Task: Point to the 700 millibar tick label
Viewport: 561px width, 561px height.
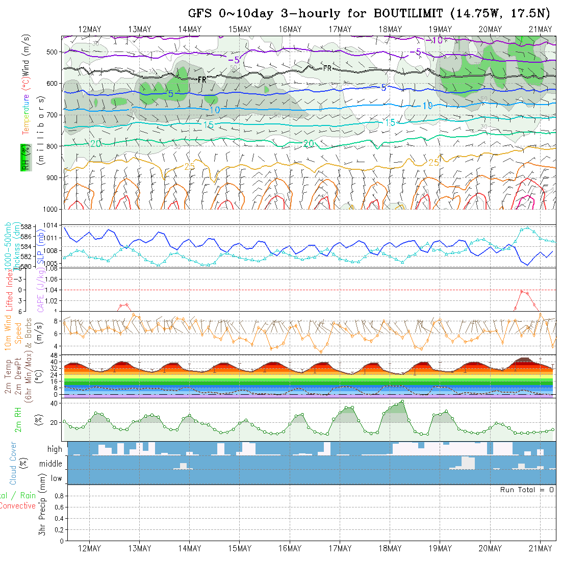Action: (53, 115)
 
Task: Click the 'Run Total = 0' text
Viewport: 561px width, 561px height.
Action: (527, 490)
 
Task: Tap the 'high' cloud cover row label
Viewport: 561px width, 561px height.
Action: (55, 449)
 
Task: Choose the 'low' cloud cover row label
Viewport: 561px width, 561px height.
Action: (56, 478)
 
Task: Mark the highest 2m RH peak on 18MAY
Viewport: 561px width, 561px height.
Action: (402, 401)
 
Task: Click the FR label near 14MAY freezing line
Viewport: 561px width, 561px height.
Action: (202, 80)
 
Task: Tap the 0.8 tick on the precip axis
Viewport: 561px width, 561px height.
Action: (58, 496)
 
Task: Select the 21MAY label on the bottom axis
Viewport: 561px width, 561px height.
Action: (540, 548)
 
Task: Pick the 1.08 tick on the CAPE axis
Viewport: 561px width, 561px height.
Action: (53, 279)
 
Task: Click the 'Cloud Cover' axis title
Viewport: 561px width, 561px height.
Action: (13, 463)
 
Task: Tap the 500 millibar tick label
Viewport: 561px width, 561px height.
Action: (53, 52)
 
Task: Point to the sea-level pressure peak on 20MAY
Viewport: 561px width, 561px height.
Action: (527, 227)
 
